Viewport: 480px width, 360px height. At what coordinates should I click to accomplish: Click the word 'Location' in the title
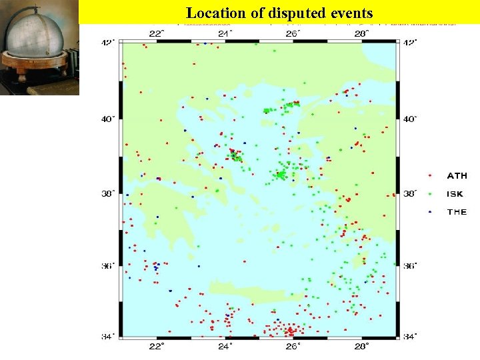pyautogui.click(x=212, y=13)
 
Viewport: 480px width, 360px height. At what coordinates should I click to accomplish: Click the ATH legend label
pyautogui.click(x=457, y=176)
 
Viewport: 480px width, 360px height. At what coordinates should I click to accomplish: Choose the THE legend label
pyautogui.click(x=457, y=212)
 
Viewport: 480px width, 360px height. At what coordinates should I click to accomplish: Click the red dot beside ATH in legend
pyautogui.click(x=431, y=176)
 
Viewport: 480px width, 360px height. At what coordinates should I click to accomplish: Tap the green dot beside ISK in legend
pyautogui.click(x=431, y=194)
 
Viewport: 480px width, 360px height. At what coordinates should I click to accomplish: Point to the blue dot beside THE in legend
pyautogui.click(x=431, y=212)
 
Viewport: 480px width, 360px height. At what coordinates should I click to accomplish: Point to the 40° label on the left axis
pyautogui.click(x=107, y=119)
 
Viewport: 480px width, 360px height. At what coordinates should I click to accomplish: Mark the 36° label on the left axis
pyautogui.click(x=107, y=266)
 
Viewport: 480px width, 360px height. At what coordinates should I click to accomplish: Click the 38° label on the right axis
pyautogui.click(x=410, y=194)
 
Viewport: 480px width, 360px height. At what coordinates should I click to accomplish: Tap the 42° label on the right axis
pyautogui.click(x=410, y=43)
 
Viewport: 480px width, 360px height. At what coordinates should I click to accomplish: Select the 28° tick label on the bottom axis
pyautogui.click(x=361, y=347)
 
